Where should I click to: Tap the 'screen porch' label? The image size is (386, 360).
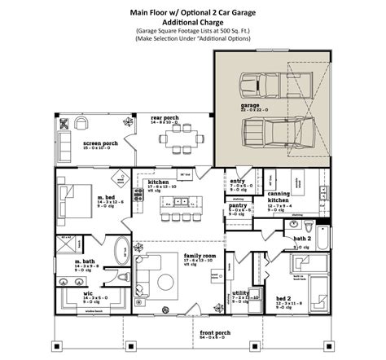coord(99,143)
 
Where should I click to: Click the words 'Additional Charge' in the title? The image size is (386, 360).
coord(193,23)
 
